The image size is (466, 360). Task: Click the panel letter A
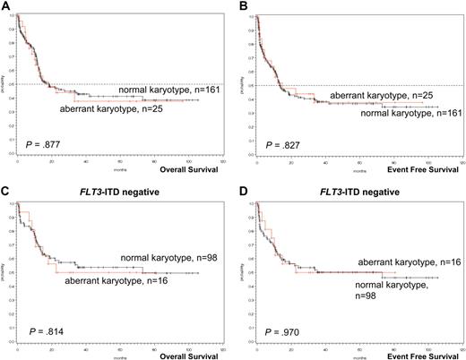point(5,5)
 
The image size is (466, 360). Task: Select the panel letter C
point(5,192)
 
